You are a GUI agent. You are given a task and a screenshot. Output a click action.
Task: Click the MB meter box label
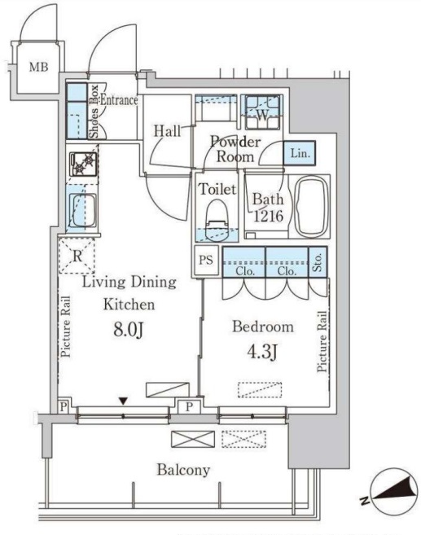tap(38, 67)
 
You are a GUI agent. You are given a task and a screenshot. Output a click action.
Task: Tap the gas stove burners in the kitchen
tap(83, 164)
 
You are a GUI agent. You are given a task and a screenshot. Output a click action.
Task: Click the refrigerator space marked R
tap(77, 256)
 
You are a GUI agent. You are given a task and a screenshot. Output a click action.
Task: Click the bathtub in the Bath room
tap(312, 207)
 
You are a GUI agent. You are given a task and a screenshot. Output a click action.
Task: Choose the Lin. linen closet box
tap(300, 154)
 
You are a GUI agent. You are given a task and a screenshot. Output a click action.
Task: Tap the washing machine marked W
tap(262, 112)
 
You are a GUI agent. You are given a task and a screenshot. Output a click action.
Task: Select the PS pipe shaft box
tap(206, 261)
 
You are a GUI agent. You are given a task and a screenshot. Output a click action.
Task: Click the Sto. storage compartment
tap(318, 261)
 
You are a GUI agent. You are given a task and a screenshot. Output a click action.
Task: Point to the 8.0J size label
tap(128, 330)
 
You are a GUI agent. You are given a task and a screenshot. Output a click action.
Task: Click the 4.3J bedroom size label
tap(262, 352)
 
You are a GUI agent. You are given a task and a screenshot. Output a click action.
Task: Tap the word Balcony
tap(183, 470)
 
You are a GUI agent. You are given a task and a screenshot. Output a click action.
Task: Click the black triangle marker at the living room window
tap(123, 401)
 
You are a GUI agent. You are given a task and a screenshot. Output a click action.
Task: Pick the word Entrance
tap(119, 100)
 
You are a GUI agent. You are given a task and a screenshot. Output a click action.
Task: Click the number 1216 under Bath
tap(268, 216)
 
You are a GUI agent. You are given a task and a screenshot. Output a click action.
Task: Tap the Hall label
tap(167, 130)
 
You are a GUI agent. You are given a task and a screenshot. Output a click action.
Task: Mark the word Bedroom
tap(263, 327)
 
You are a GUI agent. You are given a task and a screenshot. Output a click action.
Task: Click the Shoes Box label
tap(94, 112)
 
